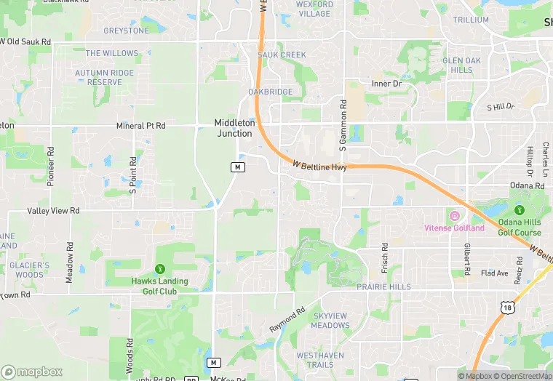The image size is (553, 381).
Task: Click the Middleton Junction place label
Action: coord(234,128)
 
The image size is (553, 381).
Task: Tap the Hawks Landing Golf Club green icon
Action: coord(159,269)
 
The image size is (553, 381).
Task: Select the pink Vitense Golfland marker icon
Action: coord(455,216)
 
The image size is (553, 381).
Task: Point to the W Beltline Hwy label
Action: coord(319,167)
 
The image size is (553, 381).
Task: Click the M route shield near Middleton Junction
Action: coord(237,167)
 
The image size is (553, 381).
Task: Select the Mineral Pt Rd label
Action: coord(141,126)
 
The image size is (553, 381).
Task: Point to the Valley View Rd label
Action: coord(53,210)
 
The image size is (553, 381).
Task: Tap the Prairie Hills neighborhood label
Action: coord(383,287)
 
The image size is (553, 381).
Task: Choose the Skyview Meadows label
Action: coord(330,321)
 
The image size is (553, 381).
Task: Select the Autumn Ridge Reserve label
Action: coord(105,78)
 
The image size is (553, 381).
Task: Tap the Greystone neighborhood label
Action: coord(126,31)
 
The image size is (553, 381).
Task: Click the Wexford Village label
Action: coord(314,9)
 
